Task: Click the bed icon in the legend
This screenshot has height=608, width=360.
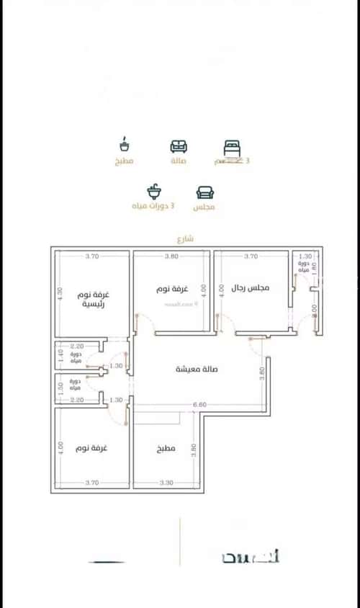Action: pyautogui.click(x=231, y=148)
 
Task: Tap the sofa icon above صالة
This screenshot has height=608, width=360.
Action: pyautogui.click(x=178, y=147)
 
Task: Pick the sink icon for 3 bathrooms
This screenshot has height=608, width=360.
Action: pyautogui.click(x=153, y=192)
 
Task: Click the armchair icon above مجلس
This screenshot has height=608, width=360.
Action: pyautogui.click(x=204, y=192)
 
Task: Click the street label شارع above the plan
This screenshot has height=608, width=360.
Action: pyautogui.click(x=185, y=238)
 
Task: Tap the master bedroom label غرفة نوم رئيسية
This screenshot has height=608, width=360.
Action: pyautogui.click(x=95, y=300)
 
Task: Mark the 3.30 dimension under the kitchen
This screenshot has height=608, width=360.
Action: pyautogui.click(x=166, y=482)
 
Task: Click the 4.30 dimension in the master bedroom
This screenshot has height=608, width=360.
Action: pyautogui.click(x=60, y=293)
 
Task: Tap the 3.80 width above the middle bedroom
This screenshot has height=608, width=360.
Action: pyautogui.click(x=171, y=256)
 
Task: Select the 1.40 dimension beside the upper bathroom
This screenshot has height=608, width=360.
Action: pyautogui.click(x=61, y=354)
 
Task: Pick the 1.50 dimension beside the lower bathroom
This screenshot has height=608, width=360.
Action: pyautogui.click(x=61, y=385)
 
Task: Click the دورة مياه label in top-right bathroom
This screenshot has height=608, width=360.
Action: pyautogui.click(x=304, y=267)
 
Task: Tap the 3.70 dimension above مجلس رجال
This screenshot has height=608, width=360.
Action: pyautogui.click(x=251, y=256)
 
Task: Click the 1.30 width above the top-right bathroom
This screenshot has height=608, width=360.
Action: pyautogui.click(x=305, y=256)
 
